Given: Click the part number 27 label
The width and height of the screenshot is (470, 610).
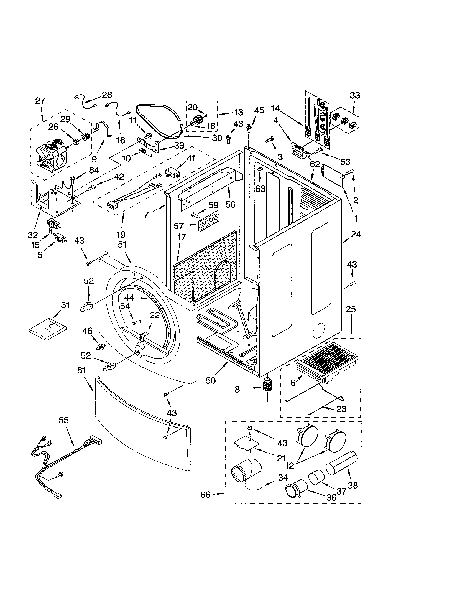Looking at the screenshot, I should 40,101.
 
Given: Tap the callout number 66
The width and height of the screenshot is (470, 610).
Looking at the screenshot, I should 205,495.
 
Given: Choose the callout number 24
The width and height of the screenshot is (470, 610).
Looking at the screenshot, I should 356,234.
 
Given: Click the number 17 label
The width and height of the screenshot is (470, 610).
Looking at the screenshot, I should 182,237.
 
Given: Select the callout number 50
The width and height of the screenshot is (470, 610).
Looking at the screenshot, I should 211,380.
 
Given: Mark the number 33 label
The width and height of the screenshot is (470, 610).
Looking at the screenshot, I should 355,96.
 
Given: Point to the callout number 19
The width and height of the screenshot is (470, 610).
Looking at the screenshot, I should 121,234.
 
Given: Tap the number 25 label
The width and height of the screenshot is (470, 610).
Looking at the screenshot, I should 351,309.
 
